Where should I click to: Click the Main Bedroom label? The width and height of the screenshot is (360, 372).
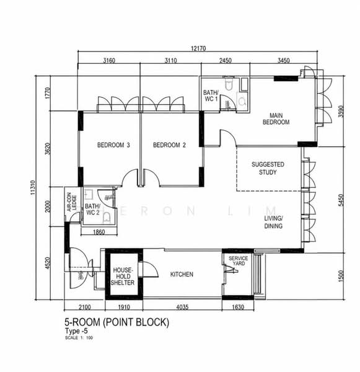(276, 119)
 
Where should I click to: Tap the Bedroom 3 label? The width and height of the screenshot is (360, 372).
(113, 145)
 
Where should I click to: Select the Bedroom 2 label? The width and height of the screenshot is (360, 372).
(169, 145)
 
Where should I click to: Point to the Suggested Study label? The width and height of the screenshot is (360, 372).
(268, 168)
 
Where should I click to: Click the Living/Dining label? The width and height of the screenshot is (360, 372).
(273, 223)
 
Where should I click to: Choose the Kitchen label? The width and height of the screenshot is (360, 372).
(182, 275)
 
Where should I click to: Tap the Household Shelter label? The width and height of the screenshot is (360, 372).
(122, 277)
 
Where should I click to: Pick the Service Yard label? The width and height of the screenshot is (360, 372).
(239, 261)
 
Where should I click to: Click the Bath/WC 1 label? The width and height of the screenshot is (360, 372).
(211, 95)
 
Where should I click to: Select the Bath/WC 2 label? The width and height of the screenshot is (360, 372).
(93, 210)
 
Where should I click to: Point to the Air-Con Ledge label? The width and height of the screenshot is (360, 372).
(71, 202)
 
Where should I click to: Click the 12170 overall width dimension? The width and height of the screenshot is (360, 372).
(198, 48)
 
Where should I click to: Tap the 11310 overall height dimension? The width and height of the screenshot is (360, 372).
(32, 188)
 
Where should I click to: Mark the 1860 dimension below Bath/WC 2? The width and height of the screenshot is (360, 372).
(99, 232)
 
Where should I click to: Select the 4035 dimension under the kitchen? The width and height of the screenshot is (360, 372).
(182, 308)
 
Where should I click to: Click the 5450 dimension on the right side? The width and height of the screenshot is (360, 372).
(341, 200)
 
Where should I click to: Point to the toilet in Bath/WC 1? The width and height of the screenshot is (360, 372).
(229, 84)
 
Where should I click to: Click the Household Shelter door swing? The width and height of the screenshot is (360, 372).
(150, 269)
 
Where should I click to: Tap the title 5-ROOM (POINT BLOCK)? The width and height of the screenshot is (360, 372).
(117, 322)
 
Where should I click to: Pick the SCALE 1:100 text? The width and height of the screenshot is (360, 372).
(79, 338)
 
